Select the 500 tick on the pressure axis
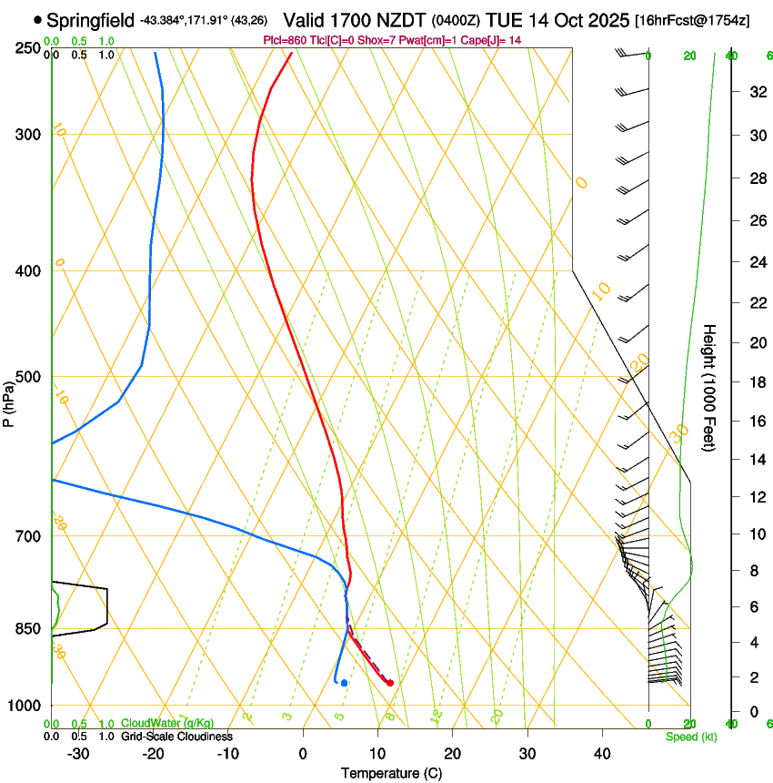29,377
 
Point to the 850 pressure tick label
29,629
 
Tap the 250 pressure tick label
29,48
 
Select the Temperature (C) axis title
391,773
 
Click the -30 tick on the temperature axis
78,754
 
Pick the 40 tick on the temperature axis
601,754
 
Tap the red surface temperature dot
390,683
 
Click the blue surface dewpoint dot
344,683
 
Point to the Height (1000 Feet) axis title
708,387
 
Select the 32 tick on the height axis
757,92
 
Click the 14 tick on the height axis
757,460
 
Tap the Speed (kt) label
691,737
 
